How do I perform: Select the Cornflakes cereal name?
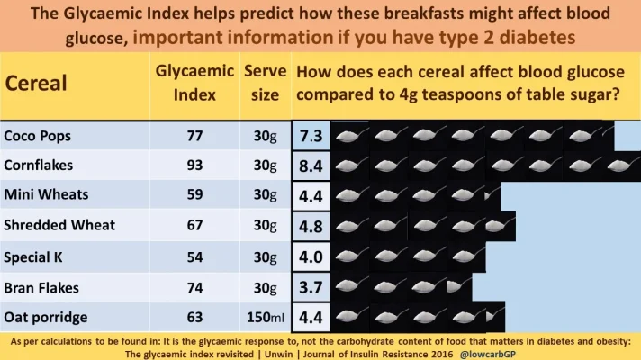click(38, 166)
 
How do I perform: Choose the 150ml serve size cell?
click(266, 318)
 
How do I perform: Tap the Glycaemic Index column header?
click(189, 82)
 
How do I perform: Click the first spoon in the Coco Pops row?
click(347, 136)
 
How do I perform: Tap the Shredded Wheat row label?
click(59, 226)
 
